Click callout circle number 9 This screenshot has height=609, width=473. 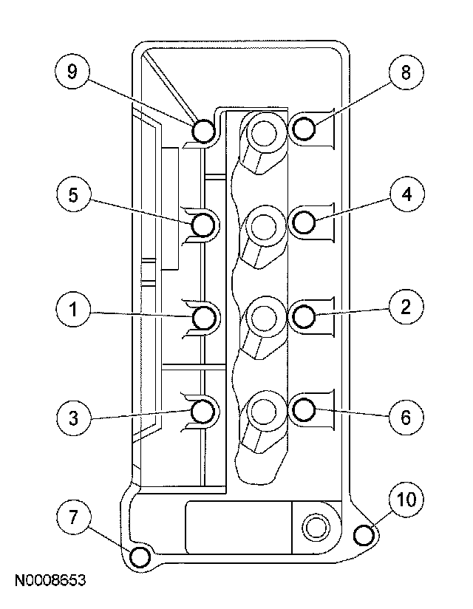click(72, 72)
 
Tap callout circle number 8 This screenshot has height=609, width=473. click(403, 72)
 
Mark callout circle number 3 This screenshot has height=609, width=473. click(72, 416)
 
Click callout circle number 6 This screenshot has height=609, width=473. click(403, 416)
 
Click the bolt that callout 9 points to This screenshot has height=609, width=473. click(204, 131)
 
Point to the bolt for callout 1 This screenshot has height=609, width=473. click(204, 318)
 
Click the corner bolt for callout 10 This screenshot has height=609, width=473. click(363, 534)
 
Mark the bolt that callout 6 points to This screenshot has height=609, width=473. click(304, 408)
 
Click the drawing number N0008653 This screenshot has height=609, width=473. click(48, 582)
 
